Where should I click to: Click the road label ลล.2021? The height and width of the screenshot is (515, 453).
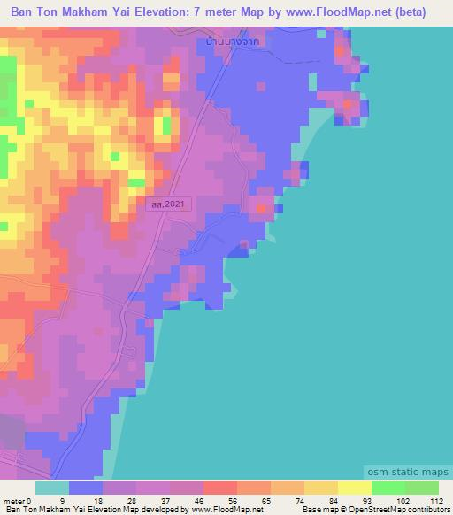[x=168, y=204]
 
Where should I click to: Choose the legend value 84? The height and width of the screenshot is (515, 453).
[x=322, y=499]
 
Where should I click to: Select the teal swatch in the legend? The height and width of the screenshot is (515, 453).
[x=52, y=488]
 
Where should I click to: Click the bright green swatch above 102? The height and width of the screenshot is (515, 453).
[x=388, y=488]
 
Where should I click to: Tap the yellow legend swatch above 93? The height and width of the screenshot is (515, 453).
[x=355, y=488]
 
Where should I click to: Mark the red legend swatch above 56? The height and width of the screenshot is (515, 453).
[x=220, y=488]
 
